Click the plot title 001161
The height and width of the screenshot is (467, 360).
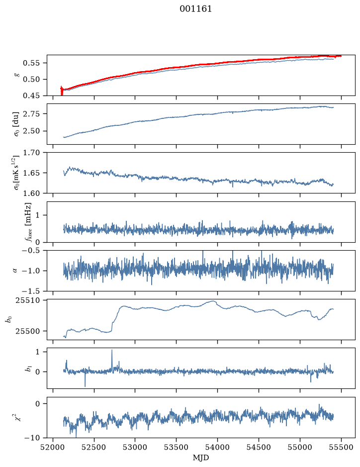click(195, 9)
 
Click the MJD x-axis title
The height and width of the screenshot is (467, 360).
click(201, 458)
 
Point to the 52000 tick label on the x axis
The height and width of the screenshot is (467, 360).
click(53, 447)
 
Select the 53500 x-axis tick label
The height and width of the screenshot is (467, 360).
click(177, 447)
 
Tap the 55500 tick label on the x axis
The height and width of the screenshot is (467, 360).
click(341, 447)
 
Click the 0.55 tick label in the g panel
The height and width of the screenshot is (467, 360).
click(31, 63)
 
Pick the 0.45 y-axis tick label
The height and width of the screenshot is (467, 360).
click(31, 95)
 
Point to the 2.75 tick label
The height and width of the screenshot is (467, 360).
click(31, 114)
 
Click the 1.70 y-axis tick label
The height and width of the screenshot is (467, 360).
click(31, 153)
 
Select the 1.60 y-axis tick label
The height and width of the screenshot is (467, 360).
click(31, 193)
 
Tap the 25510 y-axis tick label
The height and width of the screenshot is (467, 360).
click(27, 300)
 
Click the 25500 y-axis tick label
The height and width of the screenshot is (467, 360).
click(27, 331)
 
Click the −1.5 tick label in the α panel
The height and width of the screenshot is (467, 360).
click(31, 291)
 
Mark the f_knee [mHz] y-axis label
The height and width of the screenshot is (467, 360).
click(28, 222)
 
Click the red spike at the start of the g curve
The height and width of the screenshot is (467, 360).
click(62, 91)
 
